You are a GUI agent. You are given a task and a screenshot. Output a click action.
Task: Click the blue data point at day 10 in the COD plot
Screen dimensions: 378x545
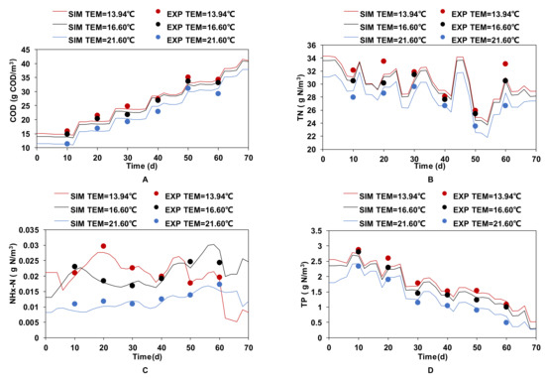[x=66, y=144]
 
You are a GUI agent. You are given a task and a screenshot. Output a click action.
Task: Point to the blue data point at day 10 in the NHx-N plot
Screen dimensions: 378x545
[x=73, y=304]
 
